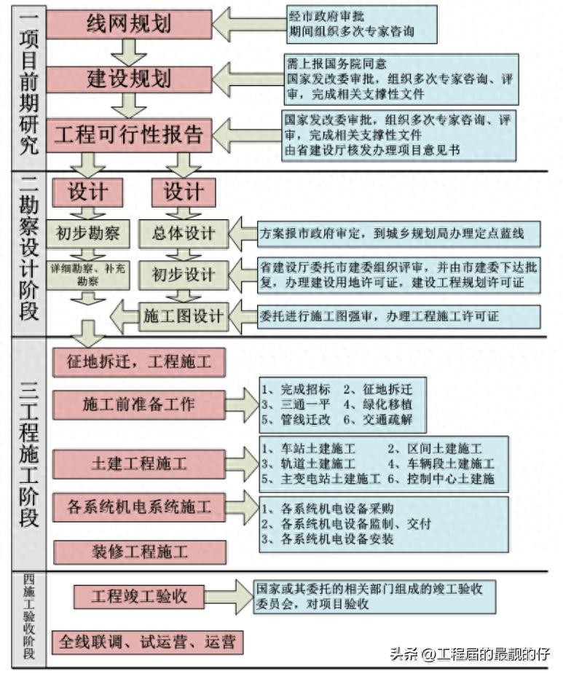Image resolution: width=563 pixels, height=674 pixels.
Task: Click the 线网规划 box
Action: pos(129,23)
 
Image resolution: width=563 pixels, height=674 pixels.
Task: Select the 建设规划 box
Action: pos(129,79)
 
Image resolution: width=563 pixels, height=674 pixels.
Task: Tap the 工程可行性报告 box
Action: pos(129,135)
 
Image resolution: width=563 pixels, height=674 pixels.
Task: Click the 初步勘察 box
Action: pos(88,233)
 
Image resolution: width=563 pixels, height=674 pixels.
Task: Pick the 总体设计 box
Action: pos(183,233)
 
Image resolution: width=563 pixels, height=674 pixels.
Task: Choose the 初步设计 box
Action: pos(183,275)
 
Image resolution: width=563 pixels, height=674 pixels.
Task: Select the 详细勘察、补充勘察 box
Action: pos(88,274)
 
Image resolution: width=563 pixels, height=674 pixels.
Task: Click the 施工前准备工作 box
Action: pos(138,404)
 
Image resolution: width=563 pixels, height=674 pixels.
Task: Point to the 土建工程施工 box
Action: pos(138,463)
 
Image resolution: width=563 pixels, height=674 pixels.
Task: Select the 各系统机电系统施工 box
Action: pos(138,507)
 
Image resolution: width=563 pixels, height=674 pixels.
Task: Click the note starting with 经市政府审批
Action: pos(361,24)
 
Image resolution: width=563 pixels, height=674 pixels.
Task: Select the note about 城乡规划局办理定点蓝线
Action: pos(399,234)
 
